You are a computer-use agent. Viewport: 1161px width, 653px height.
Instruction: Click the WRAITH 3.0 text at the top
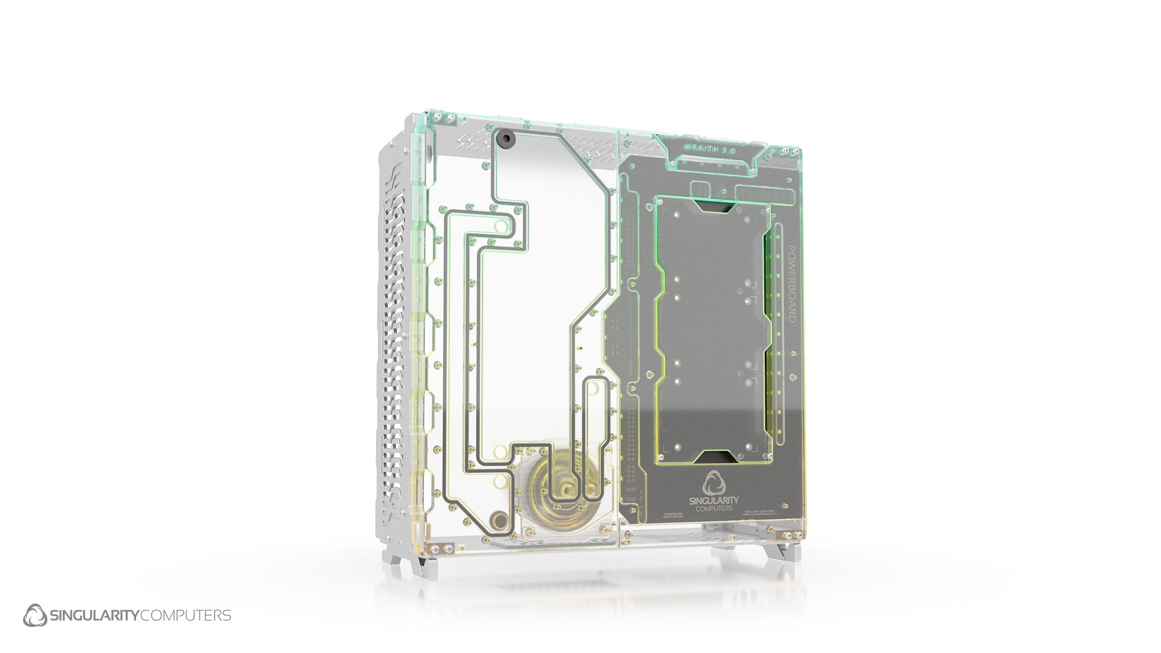click(709, 148)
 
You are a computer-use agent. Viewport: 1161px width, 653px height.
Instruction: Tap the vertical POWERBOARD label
click(791, 284)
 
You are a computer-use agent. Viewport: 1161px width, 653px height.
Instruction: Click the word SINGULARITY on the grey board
click(714, 501)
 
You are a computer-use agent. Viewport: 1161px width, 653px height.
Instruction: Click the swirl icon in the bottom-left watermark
click(34, 616)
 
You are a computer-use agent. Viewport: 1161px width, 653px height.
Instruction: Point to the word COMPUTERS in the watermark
click(185, 616)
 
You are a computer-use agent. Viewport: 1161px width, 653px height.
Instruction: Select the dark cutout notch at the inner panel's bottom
click(714, 457)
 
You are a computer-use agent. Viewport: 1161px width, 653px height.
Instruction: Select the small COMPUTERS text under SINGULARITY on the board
click(714, 508)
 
